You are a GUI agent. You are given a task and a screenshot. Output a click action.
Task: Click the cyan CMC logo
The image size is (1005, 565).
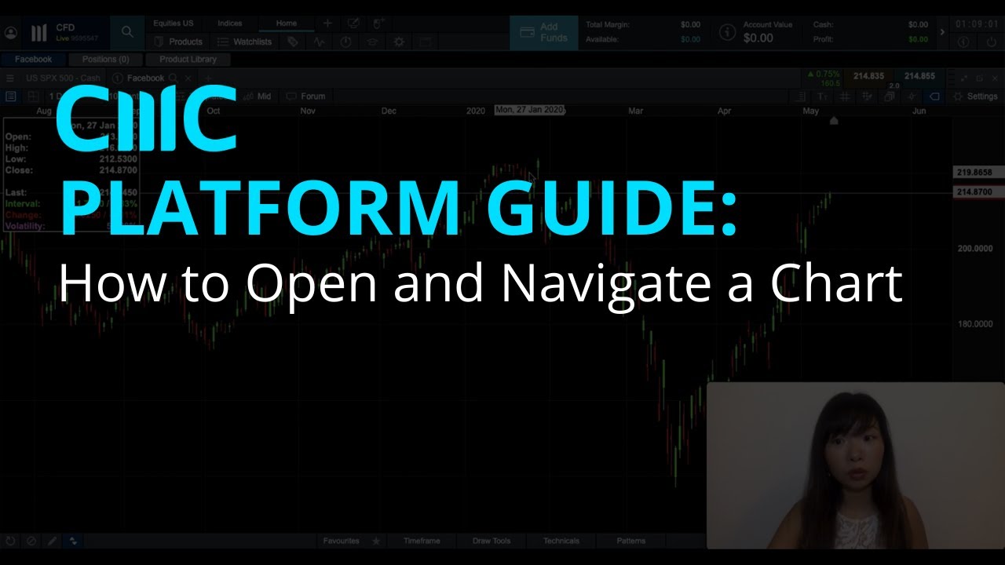coord(147,119)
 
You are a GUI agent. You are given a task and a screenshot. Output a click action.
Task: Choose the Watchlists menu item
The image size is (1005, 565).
coord(250,42)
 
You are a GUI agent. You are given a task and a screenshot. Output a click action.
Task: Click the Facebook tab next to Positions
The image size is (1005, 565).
coord(33,60)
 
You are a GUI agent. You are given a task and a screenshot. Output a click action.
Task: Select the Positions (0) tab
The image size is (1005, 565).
coord(105,60)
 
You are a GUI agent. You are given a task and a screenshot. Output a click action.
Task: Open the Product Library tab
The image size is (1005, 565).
coord(188,60)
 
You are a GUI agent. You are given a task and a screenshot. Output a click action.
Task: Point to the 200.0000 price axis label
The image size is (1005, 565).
coord(975,249)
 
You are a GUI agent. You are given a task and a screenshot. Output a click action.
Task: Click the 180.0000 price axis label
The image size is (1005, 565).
coord(975,324)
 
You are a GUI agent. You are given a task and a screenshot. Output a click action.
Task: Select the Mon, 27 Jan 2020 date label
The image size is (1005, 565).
coord(529,111)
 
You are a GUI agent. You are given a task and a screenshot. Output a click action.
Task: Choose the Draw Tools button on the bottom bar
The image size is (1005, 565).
coord(491,541)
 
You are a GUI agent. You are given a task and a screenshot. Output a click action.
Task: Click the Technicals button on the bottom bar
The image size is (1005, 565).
coord(561,541)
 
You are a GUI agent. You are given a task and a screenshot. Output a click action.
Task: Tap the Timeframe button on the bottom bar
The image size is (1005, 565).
coord(422,541)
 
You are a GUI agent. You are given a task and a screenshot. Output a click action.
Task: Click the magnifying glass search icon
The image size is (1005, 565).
coord(127,33)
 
